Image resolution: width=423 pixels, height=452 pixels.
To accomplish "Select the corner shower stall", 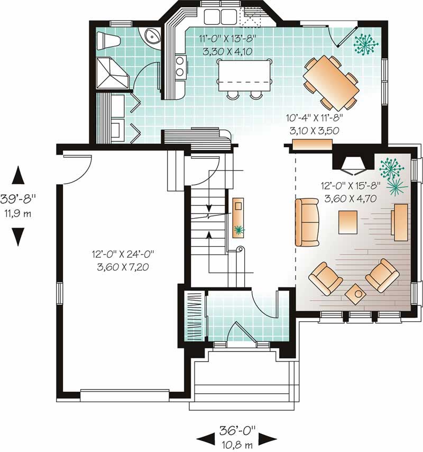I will pyautogui.click(x=112, y=74).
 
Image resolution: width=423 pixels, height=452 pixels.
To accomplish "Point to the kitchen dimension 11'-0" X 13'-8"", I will pyautogui.click(x=222, y=39).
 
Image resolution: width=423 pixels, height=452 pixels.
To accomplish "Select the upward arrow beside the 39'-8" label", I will pyautogui.click(x=18, y=175).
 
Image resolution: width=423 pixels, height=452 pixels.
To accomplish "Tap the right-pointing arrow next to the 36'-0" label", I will pyautogui.click(x=268, y=438).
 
